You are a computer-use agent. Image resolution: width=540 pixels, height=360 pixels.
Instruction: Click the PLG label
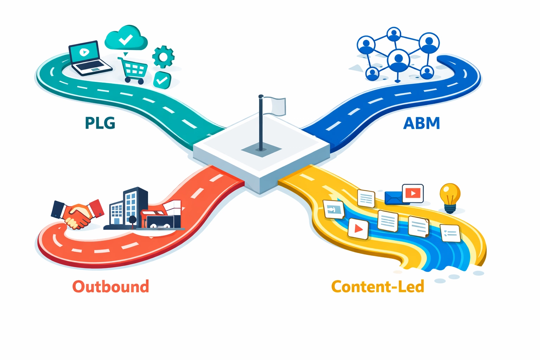100,123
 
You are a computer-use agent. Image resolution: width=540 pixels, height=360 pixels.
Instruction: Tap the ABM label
422,123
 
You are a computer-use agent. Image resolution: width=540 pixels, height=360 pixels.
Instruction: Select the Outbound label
111,287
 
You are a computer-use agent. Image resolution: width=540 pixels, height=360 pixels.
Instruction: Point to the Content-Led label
378,287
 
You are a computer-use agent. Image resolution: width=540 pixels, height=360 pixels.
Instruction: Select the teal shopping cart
134,70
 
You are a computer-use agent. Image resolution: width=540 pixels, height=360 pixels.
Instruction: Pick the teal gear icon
163,57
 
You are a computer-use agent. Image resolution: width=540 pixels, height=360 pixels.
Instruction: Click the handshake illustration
78,213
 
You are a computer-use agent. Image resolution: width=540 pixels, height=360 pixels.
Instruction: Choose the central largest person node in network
398,60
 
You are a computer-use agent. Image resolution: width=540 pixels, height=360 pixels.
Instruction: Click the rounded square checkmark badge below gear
162,80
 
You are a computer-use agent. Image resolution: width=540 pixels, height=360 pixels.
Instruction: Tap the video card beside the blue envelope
413,193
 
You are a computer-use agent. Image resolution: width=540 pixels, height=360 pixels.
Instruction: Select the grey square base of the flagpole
261,150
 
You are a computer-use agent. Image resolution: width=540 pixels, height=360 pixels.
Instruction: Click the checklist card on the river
450,233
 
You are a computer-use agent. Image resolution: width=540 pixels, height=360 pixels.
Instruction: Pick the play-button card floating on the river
358,229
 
